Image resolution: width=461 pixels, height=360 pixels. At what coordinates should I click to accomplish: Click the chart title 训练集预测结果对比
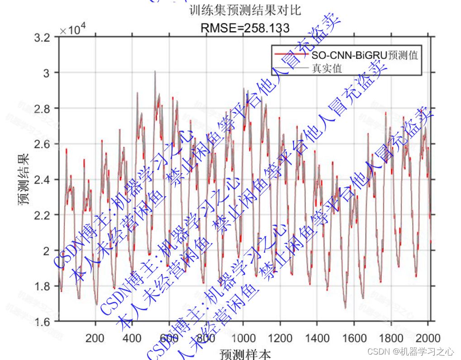click(x=245, y=10)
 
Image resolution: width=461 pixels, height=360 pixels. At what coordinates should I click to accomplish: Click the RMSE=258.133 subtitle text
click(x=245, y=28)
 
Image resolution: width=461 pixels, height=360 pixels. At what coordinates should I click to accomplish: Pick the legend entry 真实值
click(x=326, y=69)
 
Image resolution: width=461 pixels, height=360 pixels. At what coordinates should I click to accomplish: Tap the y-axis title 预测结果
click(x=24, y=180)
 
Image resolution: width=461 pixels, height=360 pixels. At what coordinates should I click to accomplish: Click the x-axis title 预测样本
click(x=245, y=354)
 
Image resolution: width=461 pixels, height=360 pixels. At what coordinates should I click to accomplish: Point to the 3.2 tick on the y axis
click(x=46, y=37)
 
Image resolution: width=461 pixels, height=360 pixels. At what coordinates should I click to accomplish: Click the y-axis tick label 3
click(x=51, y=73)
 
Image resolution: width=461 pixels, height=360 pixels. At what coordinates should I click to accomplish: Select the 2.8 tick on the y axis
click(x=46, y=109)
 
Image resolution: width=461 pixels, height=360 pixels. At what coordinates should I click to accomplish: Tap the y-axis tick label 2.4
click(x=46, y=180)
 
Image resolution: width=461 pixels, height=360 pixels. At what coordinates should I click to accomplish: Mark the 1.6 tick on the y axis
click(x=46, y=322)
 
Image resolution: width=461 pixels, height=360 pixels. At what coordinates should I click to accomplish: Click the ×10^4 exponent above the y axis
click(x=70, y=30)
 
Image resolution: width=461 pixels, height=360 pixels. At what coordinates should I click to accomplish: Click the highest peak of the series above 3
click(x=155, y=71)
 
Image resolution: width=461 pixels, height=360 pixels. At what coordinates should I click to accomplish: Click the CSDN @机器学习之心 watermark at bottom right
click(x=410, y=351)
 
